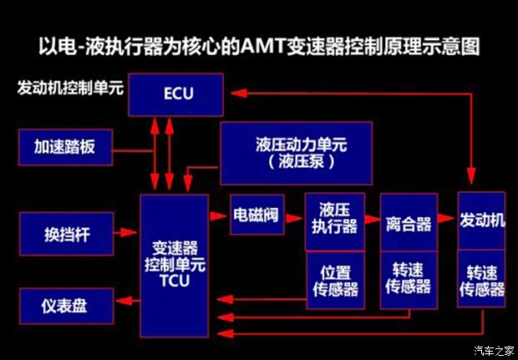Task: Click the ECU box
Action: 178,94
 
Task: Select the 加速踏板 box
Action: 65,148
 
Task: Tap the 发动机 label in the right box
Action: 483,221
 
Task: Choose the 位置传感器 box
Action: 333,280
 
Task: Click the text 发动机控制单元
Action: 69,88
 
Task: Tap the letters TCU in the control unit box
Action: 175,281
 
